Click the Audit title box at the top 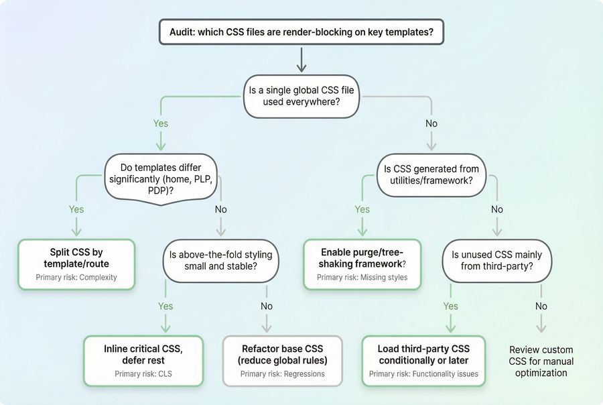pos(301,31)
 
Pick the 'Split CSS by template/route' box pos(76,264)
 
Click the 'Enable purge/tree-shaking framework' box pos(362,264)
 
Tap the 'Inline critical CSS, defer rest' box pos(143,361)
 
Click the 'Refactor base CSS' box pos(282,361)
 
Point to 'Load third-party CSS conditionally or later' pos(423,361)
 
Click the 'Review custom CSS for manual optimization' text pos(541,361)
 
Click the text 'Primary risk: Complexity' pos(76,278)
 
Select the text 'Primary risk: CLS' pos(143,373)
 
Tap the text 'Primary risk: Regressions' pos(282,373)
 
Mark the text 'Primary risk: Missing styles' pos(362,278)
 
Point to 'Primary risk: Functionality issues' pos(423,373)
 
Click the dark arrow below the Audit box pos(301,59)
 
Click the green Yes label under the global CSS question pos(161,123)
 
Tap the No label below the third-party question pos(541,306)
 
